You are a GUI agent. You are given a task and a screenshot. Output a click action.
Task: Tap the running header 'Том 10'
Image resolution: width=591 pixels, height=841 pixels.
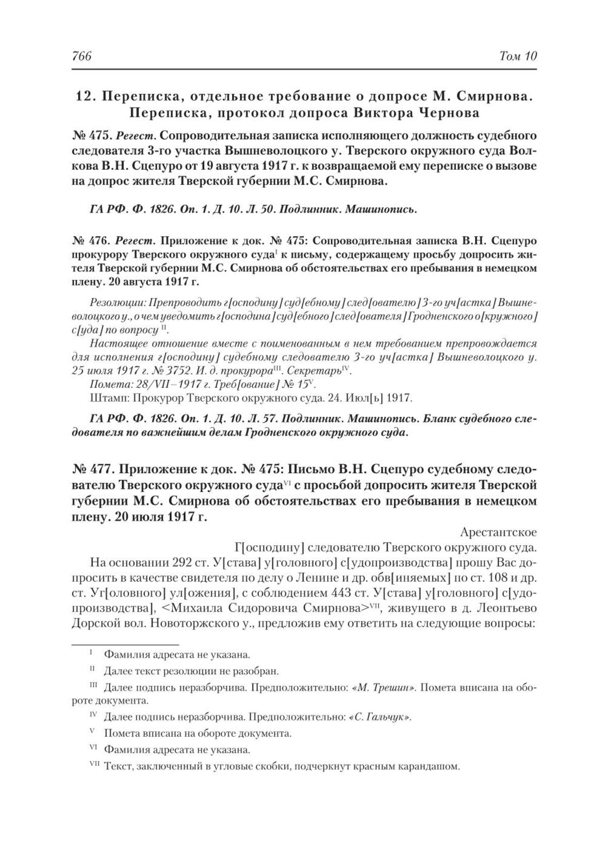[x=518, y=56]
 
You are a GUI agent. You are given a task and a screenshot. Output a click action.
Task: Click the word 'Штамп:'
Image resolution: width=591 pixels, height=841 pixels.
[x=106, y=398]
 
